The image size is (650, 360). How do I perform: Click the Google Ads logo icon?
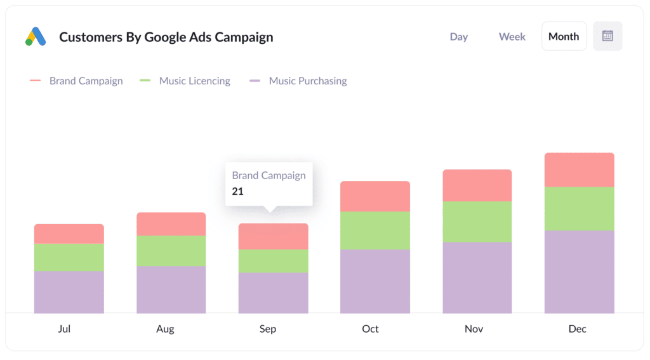[x=36, y=37]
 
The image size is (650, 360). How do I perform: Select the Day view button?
[x=458, y=37]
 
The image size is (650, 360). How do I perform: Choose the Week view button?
[x=512, y=37]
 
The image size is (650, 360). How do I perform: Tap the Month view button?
[x=564, y=37]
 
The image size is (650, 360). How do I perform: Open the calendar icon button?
[x=607, y=36]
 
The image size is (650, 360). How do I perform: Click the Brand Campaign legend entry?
[x=86, y=81]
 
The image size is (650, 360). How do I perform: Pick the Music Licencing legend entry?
[x=194, y=81]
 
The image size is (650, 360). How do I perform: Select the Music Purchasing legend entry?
[x=307, y=81]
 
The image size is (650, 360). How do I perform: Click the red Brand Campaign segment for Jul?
[x=69, y=234]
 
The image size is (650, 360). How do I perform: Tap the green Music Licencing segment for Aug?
[x=171, y=251]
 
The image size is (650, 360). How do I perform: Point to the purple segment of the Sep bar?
[x=273, y=293]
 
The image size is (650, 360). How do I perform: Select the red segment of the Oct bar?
[x=375, y=196]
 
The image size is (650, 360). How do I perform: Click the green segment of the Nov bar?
[x=477, y=222]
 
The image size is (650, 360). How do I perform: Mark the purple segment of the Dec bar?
[x=579, y=272]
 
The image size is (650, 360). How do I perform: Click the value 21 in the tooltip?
[x=238, y=192]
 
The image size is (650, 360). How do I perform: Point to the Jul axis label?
[x=64, y=329]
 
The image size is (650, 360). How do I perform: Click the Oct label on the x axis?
[x=370, y=329]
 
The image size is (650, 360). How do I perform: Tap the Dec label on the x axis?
[x=578, y=329]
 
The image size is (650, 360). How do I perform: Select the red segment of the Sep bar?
[x=273, y=236]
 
